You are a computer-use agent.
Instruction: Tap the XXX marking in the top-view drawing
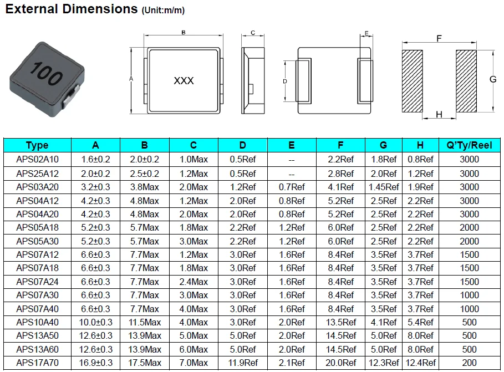[184, 80]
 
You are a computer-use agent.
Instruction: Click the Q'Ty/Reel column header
[469, 145]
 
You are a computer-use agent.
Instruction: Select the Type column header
[37, 145]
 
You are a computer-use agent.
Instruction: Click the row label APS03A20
[37, 187]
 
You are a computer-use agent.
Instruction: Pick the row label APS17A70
[37, 363]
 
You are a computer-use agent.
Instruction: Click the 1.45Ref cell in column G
[383, 187]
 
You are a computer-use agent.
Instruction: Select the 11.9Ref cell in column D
[242, 363]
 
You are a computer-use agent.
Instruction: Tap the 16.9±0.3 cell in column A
[95, 363]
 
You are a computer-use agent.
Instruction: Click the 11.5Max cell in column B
[144, 322]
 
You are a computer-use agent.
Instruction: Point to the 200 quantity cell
[469, 363]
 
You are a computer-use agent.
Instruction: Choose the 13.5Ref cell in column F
[340, 322]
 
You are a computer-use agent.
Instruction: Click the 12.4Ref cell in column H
[420, 363]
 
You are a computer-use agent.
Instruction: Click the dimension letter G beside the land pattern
[492, 79]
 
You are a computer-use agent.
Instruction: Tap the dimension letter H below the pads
[439, 115]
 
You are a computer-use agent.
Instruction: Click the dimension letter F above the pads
[439, 39]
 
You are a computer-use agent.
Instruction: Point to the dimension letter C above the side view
[253, 33]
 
